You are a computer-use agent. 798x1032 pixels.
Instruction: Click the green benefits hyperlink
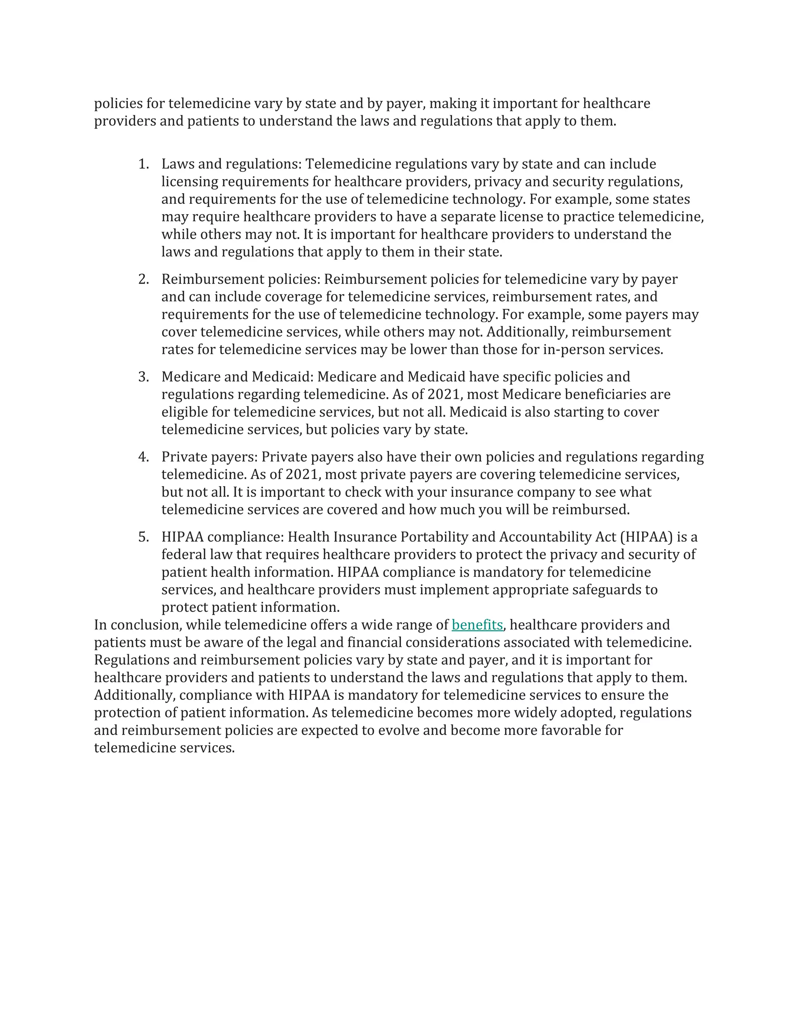click(477, 625)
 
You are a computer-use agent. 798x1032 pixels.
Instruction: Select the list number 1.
click(143, 164)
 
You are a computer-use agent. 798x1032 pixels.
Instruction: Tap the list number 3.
click(143, 377)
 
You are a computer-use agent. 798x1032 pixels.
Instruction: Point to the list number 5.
click(143, 537)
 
